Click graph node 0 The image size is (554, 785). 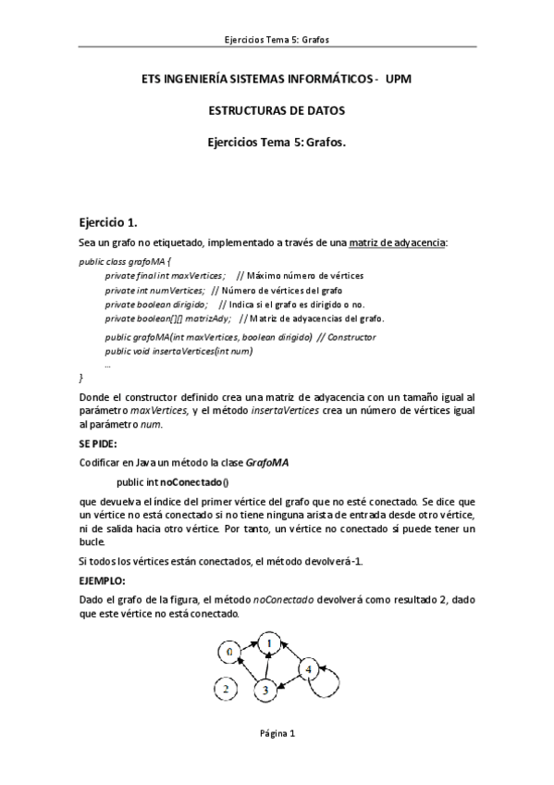(230, 653)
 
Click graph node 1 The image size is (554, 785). (268, 641)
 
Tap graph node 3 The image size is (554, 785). (265, 689)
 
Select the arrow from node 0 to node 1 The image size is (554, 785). (249, 646)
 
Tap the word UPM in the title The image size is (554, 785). (398, 80)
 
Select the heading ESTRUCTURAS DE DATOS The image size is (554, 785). (277, 110)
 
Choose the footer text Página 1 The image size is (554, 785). (277, 733)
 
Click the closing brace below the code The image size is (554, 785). (81, 378)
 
